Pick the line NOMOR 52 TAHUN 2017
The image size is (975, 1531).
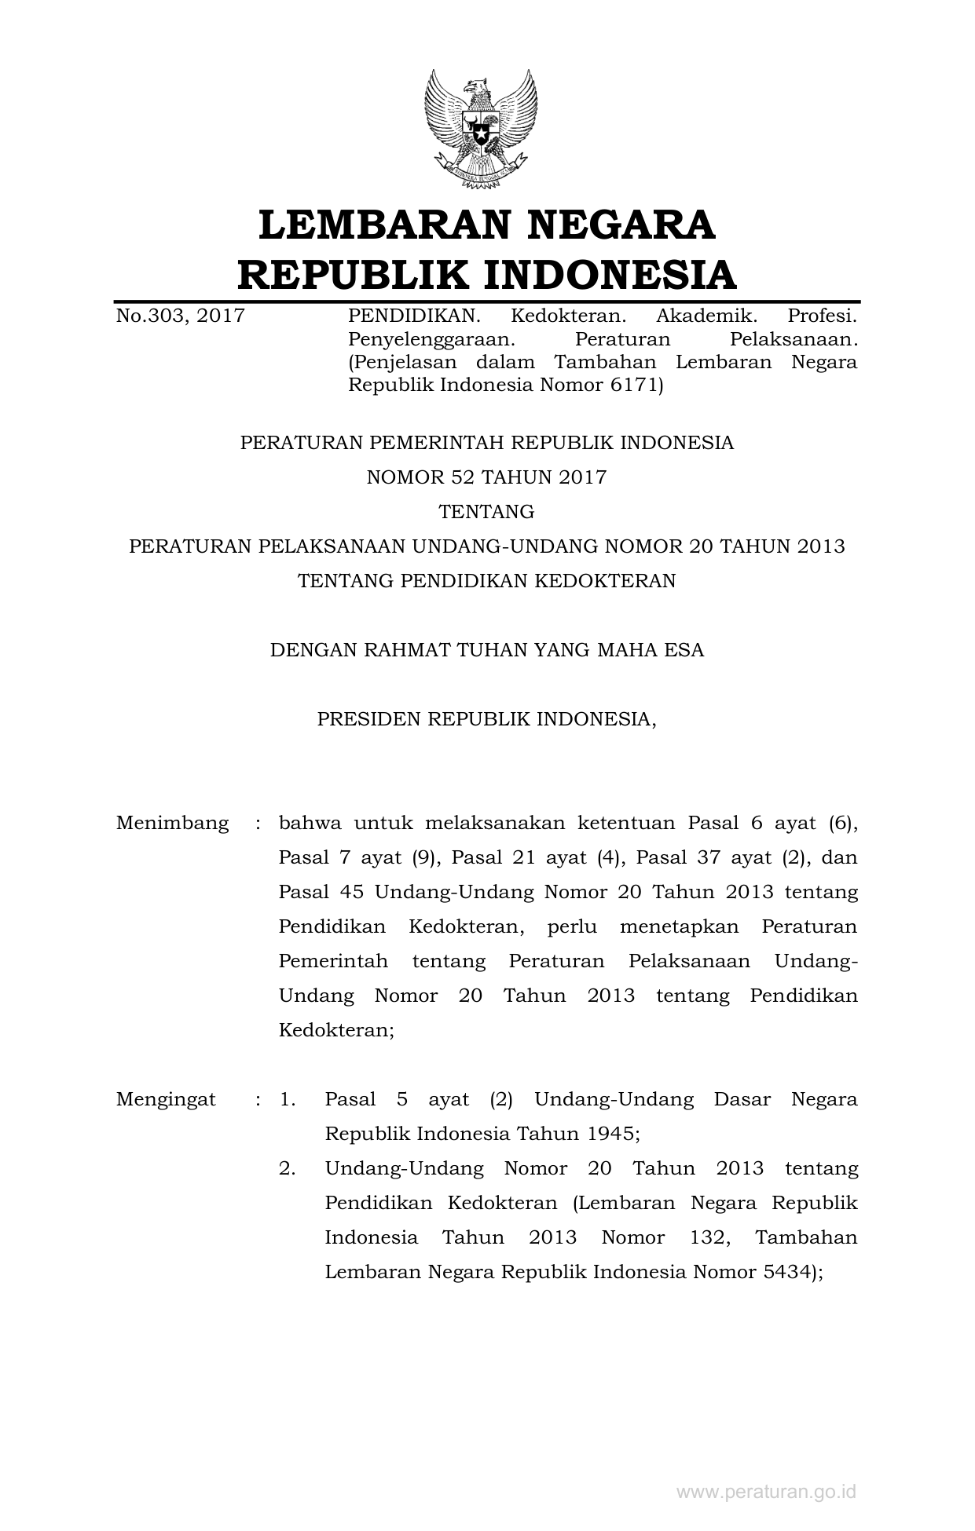coord(486,477)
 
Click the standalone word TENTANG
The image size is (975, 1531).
coord(486,512)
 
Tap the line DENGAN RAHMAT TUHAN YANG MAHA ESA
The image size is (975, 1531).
coord(486,650)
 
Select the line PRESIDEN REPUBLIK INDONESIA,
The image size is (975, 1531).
coord(486,719)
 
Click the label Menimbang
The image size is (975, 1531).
coord(173,823)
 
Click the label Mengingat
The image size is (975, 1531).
coord(166,1099)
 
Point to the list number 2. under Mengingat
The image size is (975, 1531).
coord(288,1168)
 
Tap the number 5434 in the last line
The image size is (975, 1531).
coord(786,1272)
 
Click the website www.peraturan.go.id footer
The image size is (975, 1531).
coord(766,1492)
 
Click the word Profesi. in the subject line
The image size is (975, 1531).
coord(821,316)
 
